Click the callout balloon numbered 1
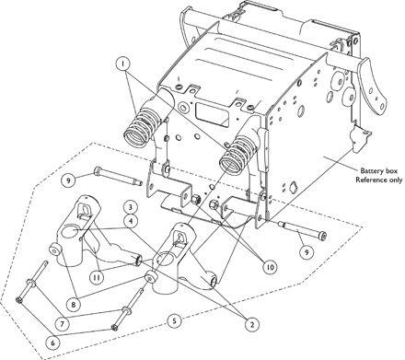(x=123, y=64)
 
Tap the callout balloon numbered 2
(x=252, y=324)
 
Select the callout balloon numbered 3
(x=131, y=207)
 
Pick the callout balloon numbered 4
(x=131, y=221)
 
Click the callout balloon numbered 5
(x=174, y=321)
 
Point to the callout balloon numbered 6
(x=52, y=343)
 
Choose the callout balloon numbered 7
(x=63, y=323)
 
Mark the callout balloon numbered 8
(x=74, y=305)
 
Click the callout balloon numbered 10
(x=270, y=267)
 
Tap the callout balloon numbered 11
(x=97, y=277)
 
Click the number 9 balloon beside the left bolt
(x=68, y=180)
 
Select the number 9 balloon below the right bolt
(x=307, y=252)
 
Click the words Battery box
(x=378, y=171)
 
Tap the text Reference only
(x=378, y=180)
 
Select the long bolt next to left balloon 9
(x=119, y=176)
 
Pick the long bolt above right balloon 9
(x=302, y=230)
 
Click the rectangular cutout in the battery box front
(x=213, y=114)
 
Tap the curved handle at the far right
(x=372, y=85)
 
